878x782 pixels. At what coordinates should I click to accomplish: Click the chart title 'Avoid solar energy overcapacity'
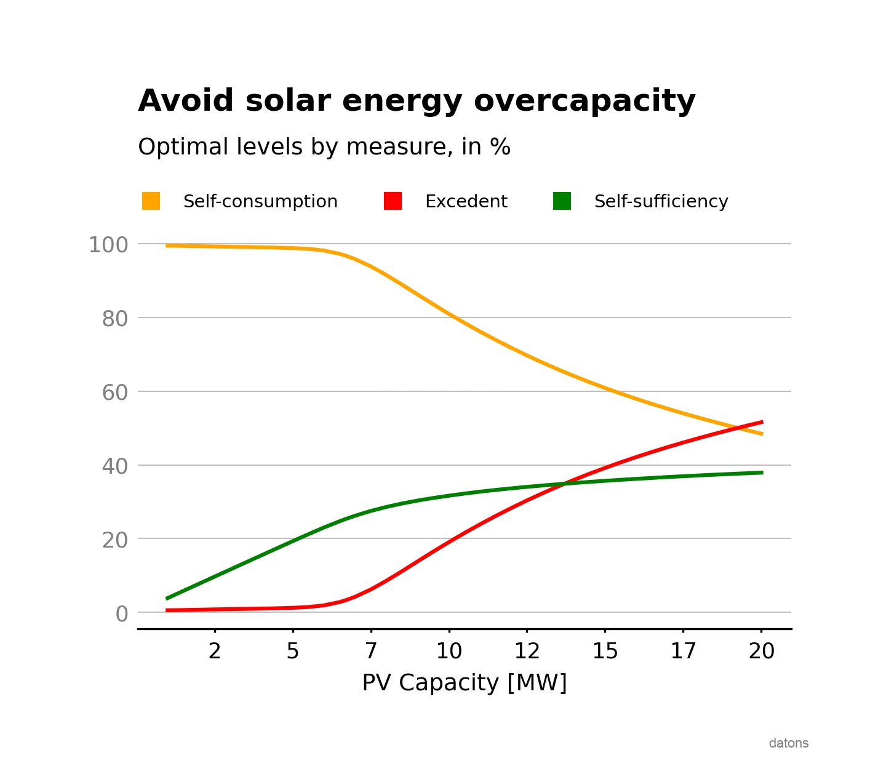tap(417, 101)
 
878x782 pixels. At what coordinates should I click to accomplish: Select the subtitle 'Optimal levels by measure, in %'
tap(324, 148)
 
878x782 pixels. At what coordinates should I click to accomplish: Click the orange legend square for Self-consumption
tap(151, 201)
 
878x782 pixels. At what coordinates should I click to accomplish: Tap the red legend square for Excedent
tap(393, 201)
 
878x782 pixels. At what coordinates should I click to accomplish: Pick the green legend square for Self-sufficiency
tap(562, 201)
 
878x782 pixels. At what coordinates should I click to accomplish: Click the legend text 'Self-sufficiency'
tap(661, 202)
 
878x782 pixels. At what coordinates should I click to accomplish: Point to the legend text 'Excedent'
tap(466, 202)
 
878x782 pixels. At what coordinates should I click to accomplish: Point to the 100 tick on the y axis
tap(108, 245)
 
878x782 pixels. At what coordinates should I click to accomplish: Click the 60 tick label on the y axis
tap(115, 393)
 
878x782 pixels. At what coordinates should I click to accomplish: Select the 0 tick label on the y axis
tap(122, 613)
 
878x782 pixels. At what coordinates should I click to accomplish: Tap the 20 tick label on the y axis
tap(115, 540)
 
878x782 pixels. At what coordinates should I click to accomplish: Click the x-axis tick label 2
tap(214, 651)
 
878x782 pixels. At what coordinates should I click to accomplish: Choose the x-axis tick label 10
tap(449, 651)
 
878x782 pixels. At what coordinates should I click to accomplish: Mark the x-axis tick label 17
tap(683, 651)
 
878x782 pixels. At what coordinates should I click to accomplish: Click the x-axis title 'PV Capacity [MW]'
tap(464, 683)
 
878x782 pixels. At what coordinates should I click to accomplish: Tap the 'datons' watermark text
tap(788, 743)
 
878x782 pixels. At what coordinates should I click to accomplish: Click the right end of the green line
tap(762, 473)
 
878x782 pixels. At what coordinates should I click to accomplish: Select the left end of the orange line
tap(167, 245)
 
